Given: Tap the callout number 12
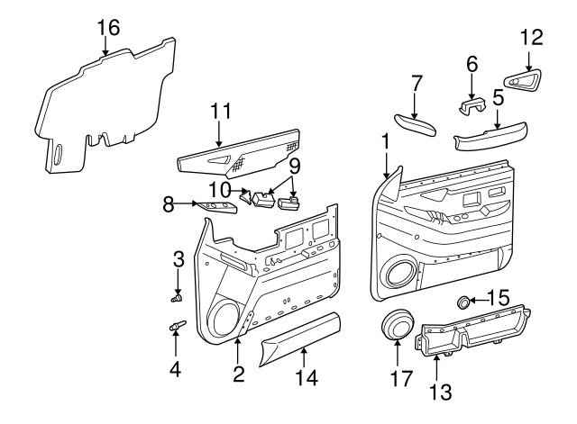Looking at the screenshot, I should tap(534, 38).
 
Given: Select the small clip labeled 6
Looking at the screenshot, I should tap(471, 107).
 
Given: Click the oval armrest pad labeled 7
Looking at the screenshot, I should tap(414, 125).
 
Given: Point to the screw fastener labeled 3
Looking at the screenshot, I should tap(176, 294).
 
